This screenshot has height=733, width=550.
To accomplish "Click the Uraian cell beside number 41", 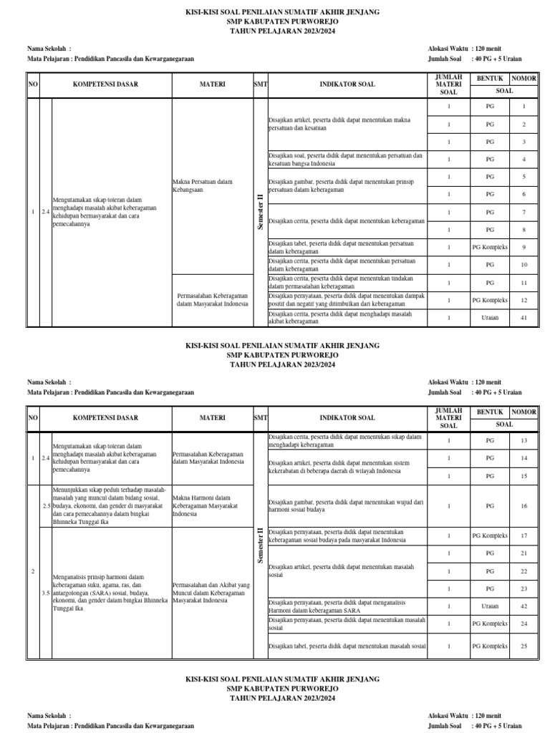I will click(x=490, y=318).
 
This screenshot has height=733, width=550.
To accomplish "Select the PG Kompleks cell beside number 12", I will click(x=490, y=300).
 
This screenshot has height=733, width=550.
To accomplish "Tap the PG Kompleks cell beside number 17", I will click(x=490, y=535).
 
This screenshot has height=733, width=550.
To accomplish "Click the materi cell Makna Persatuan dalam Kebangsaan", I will click(x=212, y=186).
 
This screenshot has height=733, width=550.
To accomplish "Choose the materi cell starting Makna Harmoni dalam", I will click(x=212, y=506).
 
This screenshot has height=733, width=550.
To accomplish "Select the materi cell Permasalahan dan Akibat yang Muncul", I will click(x=212, y=593).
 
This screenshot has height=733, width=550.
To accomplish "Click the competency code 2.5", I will click(x=46, y=506).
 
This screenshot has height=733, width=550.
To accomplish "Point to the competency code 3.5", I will click(x=46, y=593).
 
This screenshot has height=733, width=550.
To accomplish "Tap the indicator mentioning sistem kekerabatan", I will click(x=347, y=467).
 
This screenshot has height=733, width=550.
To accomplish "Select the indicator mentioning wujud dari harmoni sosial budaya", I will click(x=347, y=506).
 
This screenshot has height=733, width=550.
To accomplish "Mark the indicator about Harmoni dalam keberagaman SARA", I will click(x=347, y=606).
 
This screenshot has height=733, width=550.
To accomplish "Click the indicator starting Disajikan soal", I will click(x=347, y=159).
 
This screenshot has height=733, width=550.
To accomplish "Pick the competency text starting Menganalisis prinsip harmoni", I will click(x=110, y=593).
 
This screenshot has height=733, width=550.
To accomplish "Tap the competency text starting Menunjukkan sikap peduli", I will click(x=110, y=506).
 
